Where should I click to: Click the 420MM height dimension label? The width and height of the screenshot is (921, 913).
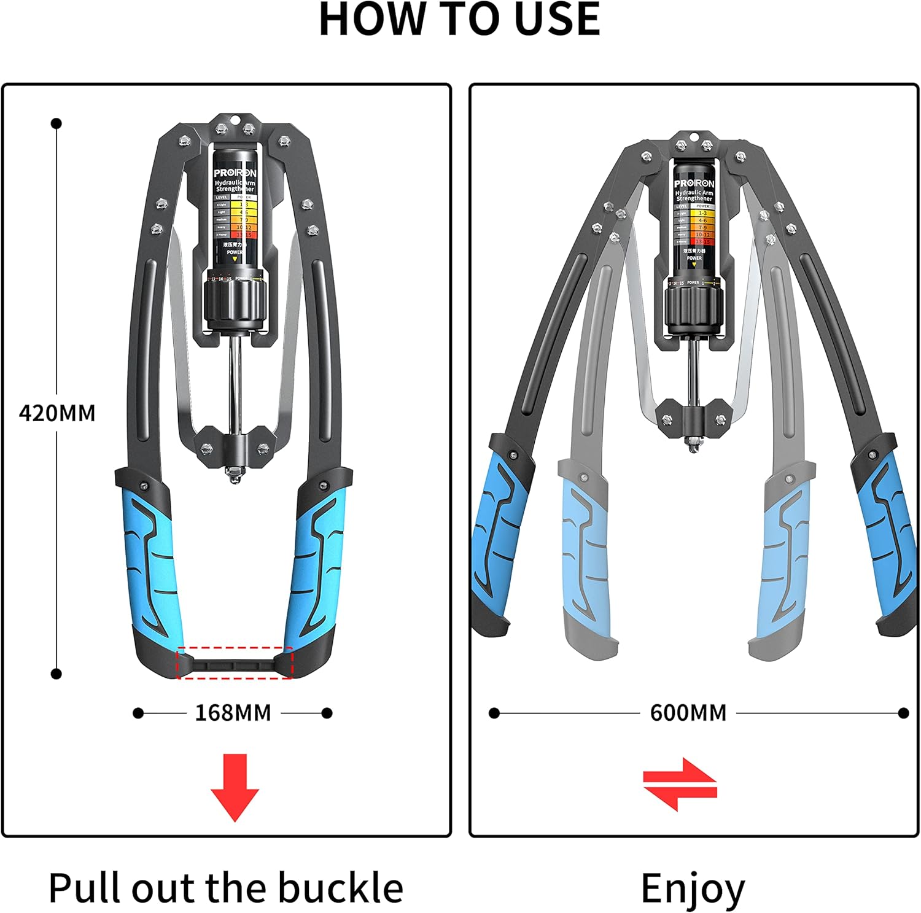tap(57, 413)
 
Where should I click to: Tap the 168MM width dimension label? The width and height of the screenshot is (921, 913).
tap(233, 713)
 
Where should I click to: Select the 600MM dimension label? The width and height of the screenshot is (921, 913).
tap(688, 713)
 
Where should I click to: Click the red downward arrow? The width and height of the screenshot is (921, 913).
tap(235, 787)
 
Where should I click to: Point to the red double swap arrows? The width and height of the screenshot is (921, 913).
tap(680, 784)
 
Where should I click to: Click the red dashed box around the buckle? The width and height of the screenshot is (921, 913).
tap(235, 662)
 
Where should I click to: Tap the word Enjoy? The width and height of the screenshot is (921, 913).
tap(692, 888)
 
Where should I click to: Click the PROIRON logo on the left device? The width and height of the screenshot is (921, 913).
tap(235, 173)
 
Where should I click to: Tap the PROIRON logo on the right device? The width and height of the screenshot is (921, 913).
tap(694, 184)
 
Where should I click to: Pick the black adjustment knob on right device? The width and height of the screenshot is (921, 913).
tap(693, 311)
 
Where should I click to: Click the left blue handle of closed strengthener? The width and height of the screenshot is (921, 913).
tap(147, 565)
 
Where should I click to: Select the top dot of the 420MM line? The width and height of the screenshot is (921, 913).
tap(56, 123)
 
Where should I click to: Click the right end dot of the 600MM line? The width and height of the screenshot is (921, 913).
tap(903, 713)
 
